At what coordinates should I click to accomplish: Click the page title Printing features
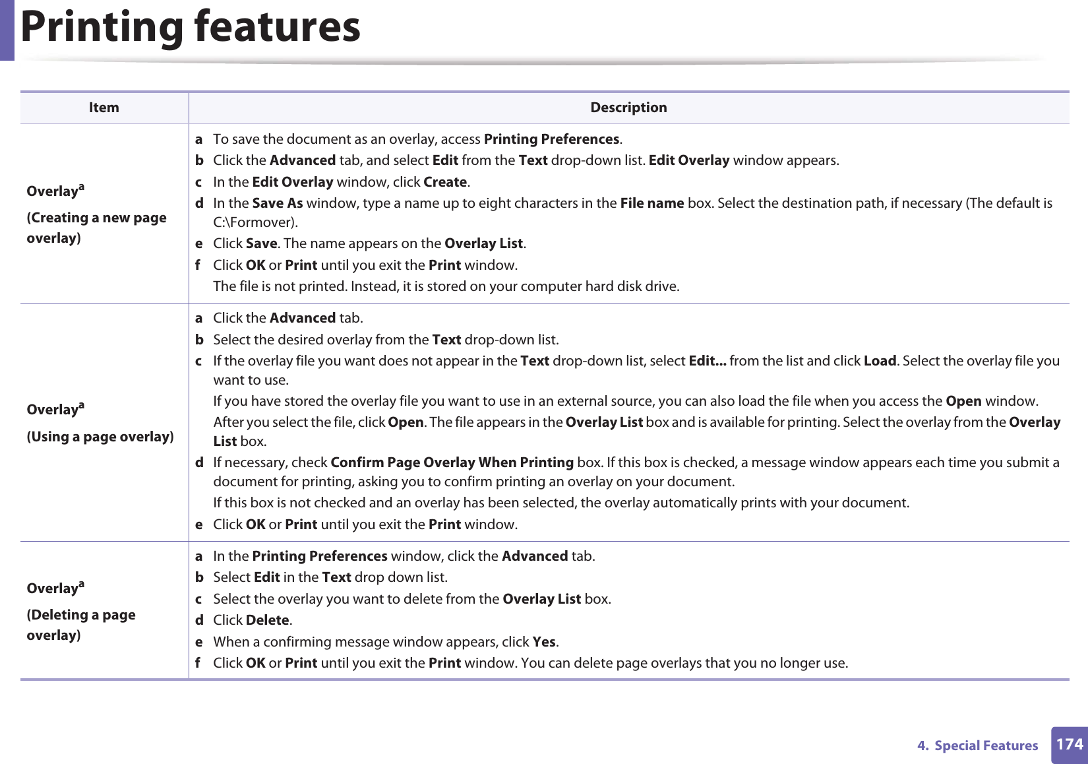[191, 27]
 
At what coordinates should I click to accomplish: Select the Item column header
[104, 108]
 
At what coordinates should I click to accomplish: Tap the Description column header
[628, 108]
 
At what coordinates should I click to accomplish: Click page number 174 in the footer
[1069, 745]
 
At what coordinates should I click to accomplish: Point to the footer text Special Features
[986, 746]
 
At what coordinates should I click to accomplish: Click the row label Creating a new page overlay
[96, 227]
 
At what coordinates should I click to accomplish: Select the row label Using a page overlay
[100, 437]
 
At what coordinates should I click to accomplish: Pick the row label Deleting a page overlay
[81, 624]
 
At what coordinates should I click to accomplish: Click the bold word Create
[445, 182]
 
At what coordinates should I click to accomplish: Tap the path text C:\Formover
[254, 222]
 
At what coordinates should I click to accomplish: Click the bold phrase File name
[651, 203]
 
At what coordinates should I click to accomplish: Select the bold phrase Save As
[277, 203]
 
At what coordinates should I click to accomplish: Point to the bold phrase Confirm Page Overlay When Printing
[452, 462]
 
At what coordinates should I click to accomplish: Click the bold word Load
[880, 361]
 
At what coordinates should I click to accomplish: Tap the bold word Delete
[267, 620]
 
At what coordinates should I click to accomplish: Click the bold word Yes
[544, 642]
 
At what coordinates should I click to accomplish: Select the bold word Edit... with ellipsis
[707, 361]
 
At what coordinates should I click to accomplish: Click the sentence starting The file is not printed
[446, 286]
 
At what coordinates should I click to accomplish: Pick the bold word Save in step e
[261, 243]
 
